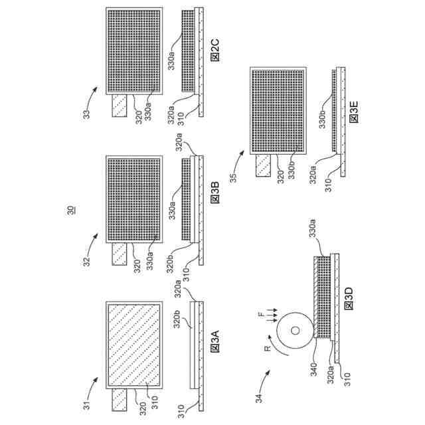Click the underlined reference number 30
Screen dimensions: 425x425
(72, 211)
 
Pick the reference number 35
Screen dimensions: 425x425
(234, 177)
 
